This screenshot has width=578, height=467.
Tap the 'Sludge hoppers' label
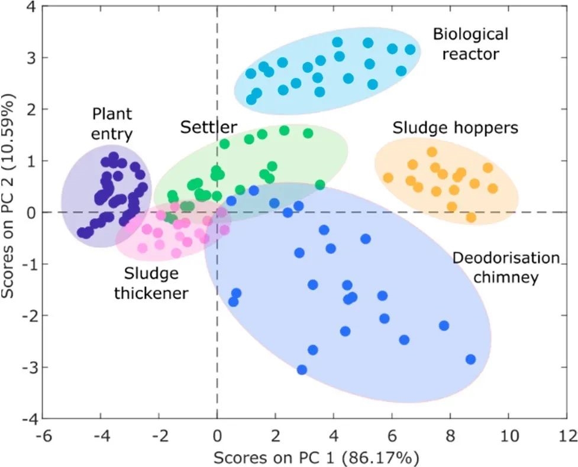455,128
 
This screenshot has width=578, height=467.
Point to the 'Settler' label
209,127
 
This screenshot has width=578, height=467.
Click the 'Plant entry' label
111,122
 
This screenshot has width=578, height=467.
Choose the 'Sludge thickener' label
159,283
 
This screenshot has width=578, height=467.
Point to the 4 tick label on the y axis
28,7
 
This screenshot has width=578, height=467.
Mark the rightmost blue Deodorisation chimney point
471,359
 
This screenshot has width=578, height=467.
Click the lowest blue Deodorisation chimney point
302,369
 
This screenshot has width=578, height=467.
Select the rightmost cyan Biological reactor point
410,50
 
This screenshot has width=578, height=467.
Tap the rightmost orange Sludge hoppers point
492,189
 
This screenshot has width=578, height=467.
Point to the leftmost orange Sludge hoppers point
388,177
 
